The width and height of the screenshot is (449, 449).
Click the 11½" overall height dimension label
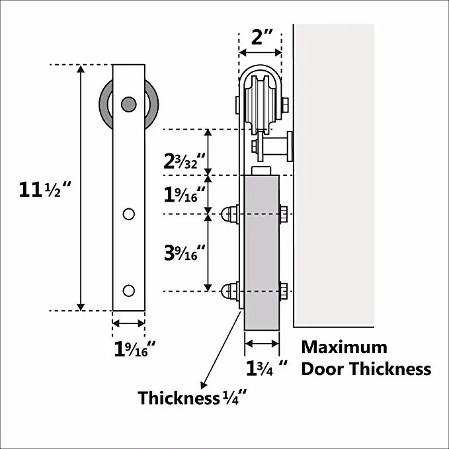pos(46,190)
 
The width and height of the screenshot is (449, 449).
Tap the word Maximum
pos(344,347)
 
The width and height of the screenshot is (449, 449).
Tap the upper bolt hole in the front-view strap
pos(129,214)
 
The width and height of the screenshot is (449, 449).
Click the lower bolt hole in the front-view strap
pos(129,290)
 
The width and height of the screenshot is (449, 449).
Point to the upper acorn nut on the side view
pos(228,214)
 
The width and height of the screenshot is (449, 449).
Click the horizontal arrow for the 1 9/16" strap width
pos(128,323)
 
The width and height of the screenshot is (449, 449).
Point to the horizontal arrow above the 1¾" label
pos(262,343)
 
